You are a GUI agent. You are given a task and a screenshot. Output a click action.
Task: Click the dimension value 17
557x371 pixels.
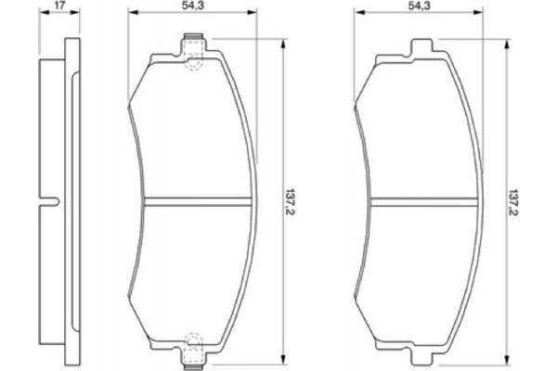pyautogui.click(x=59, y=6)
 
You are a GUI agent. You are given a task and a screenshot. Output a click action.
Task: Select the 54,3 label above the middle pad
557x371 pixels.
pyautogui.click(x=193, y=6)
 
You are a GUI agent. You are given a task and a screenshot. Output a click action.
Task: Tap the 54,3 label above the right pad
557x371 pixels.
pyautogui.click(x=420, y=6)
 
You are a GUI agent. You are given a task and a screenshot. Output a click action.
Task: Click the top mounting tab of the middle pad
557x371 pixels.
pyautogui.click(x=193, y=43)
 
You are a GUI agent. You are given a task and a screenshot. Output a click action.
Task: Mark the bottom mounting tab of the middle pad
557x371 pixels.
pyautogui.click(x=193, y=355)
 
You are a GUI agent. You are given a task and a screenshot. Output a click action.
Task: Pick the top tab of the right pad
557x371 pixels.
pyautogui.click(x=421, y=46)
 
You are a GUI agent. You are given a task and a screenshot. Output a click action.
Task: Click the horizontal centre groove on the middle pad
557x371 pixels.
pyautogui.click(x=199, y=200)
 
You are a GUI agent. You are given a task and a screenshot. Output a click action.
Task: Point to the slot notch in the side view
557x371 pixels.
pyautogui.click(x=51, y=200)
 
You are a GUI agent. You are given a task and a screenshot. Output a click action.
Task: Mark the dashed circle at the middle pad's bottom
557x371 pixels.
pyautogui.click(x=193, y=339)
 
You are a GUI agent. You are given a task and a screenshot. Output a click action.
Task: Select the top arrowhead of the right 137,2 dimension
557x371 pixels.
pyautogui.click(x=506, y=43)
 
